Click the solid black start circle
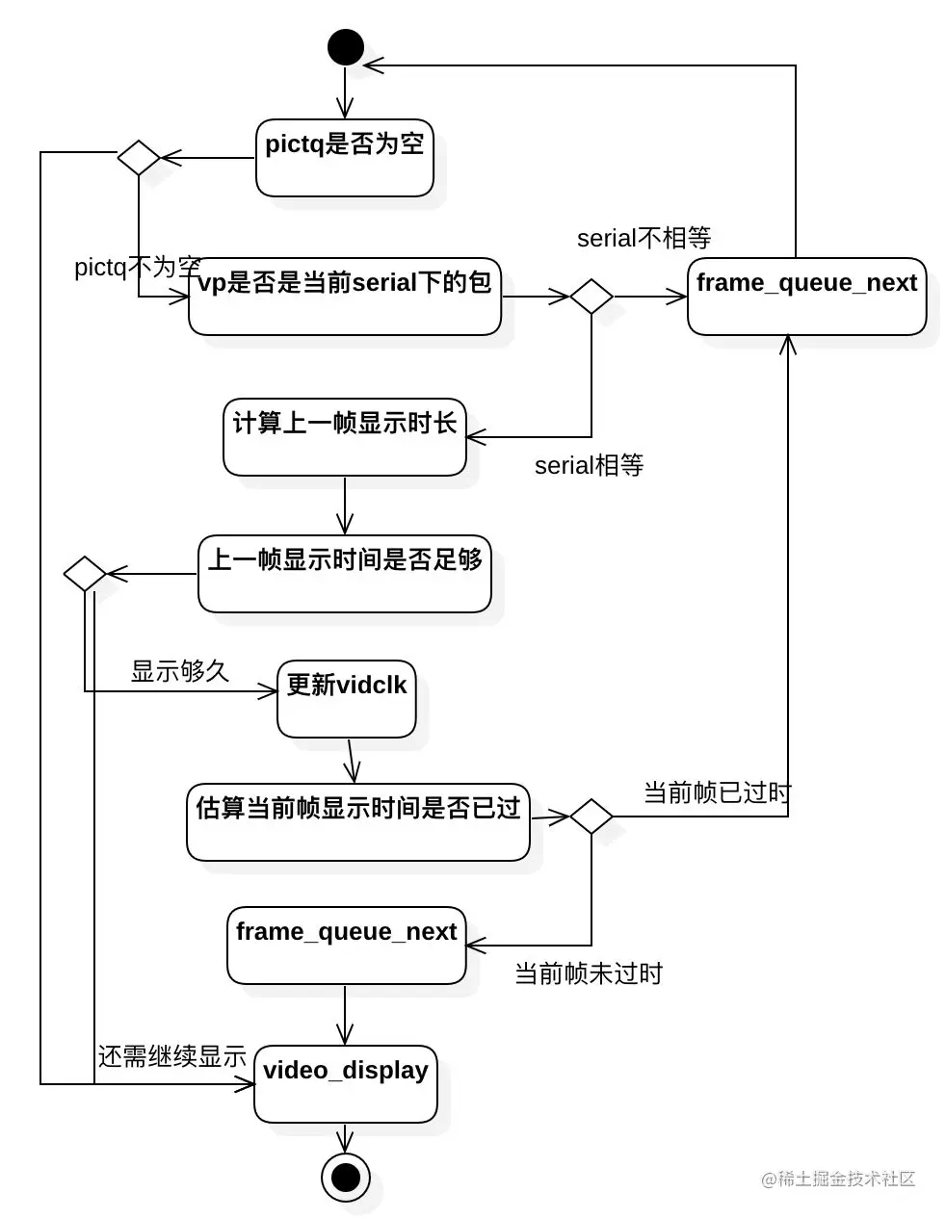346,47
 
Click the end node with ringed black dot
346,1177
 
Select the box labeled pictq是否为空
345,158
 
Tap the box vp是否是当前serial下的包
345,297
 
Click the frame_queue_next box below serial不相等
807,297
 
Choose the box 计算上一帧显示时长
345,437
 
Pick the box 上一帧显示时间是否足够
345,573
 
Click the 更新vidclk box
347,699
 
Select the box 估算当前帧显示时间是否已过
358,822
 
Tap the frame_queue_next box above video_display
347,946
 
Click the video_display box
346,1084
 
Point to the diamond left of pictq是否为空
139,158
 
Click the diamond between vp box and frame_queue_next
591,297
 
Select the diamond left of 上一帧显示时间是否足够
85,573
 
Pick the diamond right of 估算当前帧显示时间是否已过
591,817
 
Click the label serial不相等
644,238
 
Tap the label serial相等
590,465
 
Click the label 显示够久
180,671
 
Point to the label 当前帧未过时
590,973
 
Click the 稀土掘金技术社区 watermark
838,1179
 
